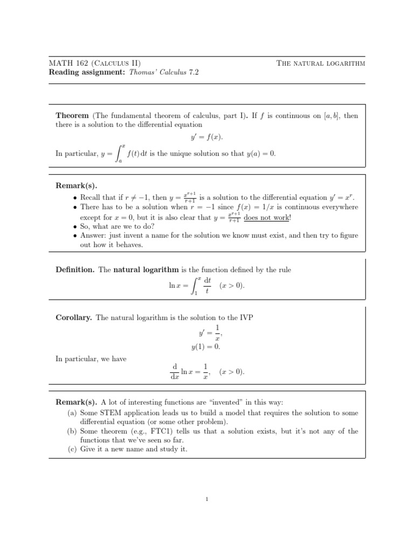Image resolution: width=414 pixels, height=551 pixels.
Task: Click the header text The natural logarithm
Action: pyautogui.click(x=321, y=63)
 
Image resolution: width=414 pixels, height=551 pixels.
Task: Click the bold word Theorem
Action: pyautogui.click(x=73, y=115)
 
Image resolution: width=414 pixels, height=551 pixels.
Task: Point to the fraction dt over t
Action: pyautogui.click(x=206, y=285)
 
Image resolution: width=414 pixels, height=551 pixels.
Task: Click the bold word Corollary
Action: pyautogui.click(x=74, y=318)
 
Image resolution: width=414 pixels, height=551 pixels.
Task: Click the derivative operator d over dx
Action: pyautogui.click(x=175, y=372)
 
